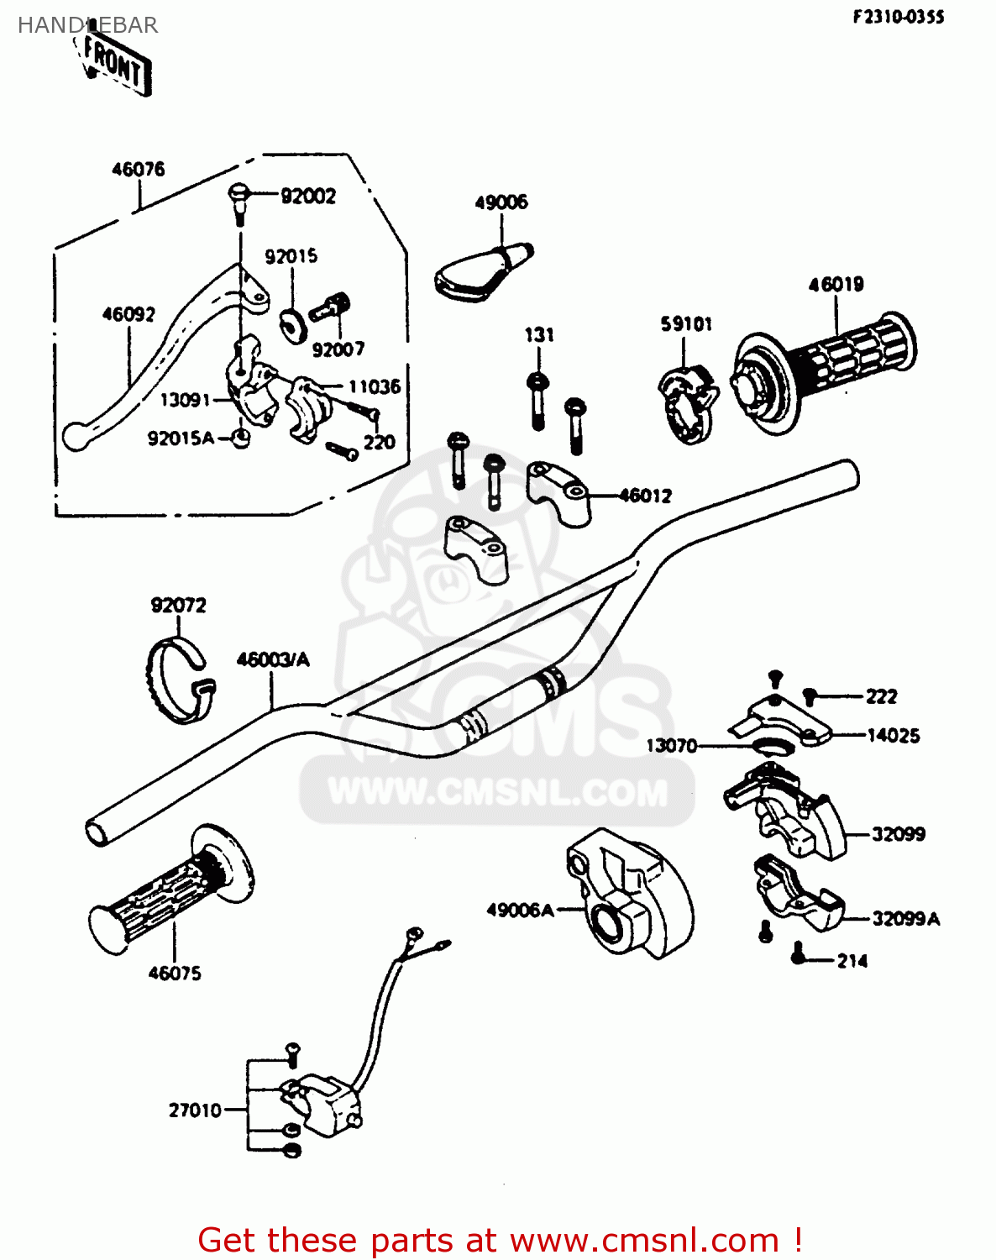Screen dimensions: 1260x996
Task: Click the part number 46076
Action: pyautogui.click(x=139, y=169)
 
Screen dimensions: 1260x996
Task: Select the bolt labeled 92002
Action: pyautogui.click(x=238, y=199)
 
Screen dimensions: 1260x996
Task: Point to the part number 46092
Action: pyautogui.click(x=128, y=314)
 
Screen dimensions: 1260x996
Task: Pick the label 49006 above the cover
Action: pyautogui.click(x=501, y=202)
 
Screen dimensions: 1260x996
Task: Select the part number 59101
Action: pyautogui.click(x=686, y=323)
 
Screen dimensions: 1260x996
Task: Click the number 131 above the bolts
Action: pyautogui.click(x=539, y=334)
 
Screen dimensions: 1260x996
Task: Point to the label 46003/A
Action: pyautogui.click(x=273, y=659)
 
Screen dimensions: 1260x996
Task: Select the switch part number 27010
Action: pyautogui.click(x=195, y=1110)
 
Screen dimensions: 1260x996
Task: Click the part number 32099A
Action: pyautogui.click(x=905, y=918)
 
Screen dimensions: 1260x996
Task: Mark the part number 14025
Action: pyautogui.click(x=893, y=736)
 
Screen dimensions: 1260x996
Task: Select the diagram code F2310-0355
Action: pyautogui.click(x=899, y=17)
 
